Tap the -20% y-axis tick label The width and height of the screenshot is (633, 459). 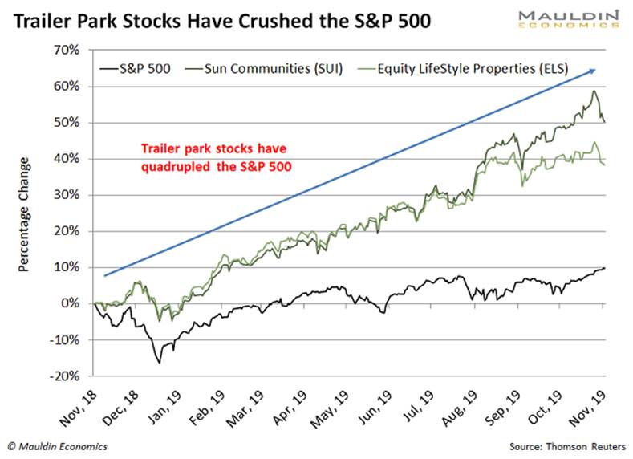(66, 376)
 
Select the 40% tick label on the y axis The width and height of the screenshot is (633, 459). (67, 159)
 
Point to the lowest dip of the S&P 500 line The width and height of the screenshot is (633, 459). (159, 363)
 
